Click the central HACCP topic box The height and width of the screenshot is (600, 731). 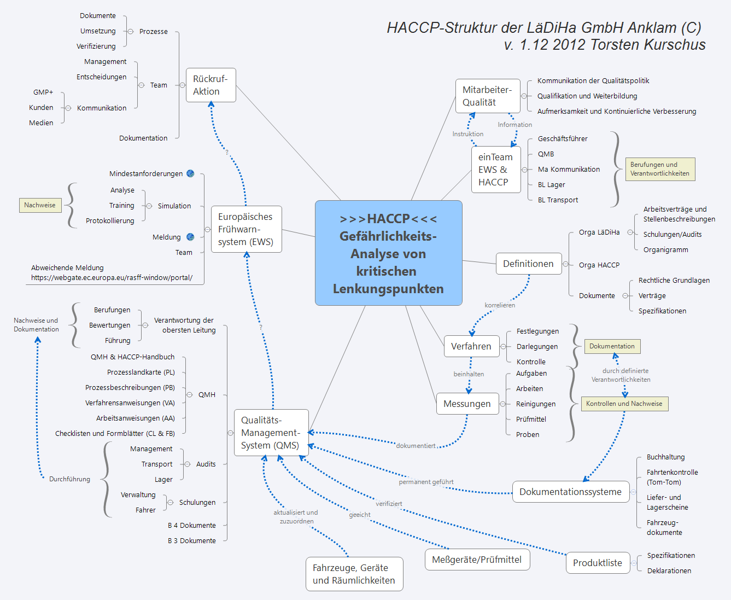[x=388, y=253]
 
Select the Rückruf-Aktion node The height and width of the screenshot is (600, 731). [x=210, y=85]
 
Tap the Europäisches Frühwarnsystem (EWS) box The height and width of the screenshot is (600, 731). [x=246, y=229]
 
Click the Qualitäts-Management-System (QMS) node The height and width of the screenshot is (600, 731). [x=271, y=433]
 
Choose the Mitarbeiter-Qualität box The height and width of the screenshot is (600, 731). [x=487, y=96]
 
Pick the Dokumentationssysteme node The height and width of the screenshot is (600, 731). [x=570, y=492]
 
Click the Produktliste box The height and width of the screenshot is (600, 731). [x=597, y=563]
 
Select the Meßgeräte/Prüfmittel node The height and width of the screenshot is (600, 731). [x=477, y=560]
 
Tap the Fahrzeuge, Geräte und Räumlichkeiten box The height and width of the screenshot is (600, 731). [x=354, y=574]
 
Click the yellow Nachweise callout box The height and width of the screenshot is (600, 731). [x=40, y=205]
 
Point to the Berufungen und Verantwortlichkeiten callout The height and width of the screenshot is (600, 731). [x=659, y=169]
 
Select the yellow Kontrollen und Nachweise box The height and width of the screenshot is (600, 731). [x=624, y=404]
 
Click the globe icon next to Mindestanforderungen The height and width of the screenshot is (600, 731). [x=190, y=173]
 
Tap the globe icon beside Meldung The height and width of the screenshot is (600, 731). [x=190, y=237]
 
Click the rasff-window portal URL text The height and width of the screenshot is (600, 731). [x=112, y=278]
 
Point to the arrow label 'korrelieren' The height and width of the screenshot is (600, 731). [x=500, y=305]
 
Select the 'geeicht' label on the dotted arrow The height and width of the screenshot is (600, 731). [x=360, y=515]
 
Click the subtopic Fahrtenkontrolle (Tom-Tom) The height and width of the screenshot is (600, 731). [x=672, y=477]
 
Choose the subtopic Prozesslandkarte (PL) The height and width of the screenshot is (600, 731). [x=141, y=372]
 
